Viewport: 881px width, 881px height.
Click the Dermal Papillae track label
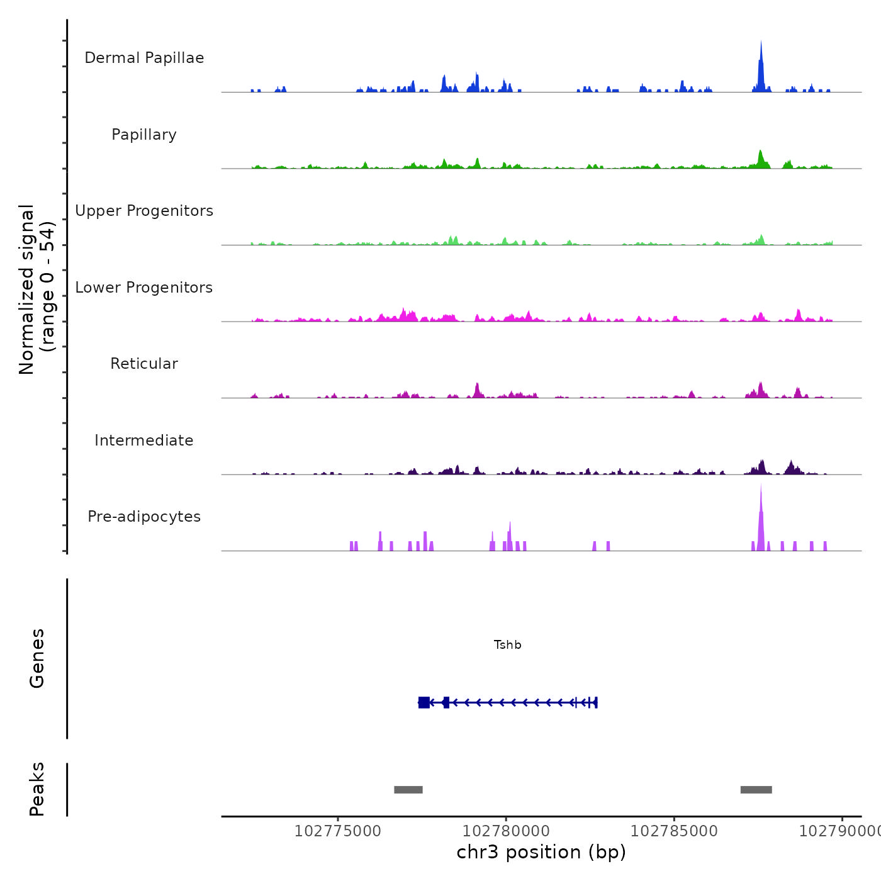click(144, 58)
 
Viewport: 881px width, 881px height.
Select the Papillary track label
click(144, 135)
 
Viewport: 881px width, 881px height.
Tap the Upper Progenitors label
click(144, 211)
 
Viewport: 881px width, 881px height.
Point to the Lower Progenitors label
click(144, 288)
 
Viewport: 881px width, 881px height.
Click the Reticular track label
click(144, 364)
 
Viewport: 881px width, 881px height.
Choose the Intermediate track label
click(144, 441)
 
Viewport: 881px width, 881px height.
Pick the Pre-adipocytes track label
click(144, 517)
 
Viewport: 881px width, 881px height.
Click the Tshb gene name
click(507, 645)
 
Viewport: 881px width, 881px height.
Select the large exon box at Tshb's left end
click(424, 702)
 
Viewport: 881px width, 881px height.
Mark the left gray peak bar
click(408, 790)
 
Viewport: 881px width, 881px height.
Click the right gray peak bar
click(756, 790)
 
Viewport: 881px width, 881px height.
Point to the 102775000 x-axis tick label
click(338, 831)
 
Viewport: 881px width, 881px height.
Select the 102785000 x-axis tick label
click(674, 831)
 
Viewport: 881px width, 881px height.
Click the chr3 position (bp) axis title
click(541, 852)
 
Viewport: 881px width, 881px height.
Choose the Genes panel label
click(37, 658)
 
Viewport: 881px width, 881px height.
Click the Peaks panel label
click(37, 789)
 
